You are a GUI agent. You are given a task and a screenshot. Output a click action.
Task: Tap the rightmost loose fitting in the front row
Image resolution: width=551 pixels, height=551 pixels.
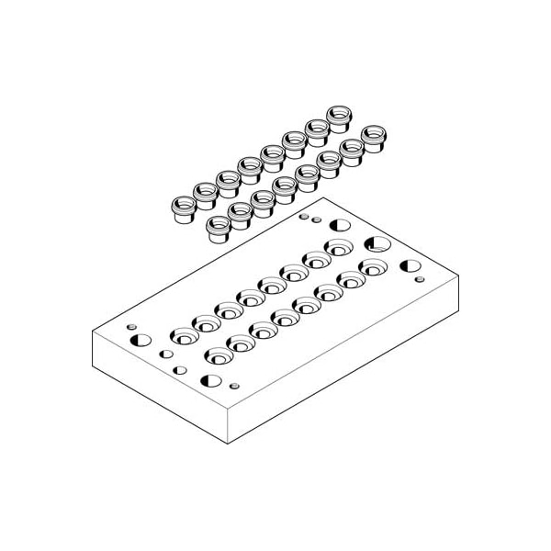pos(373,139)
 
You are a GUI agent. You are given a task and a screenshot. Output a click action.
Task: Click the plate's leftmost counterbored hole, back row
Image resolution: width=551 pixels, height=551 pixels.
pos(181,335)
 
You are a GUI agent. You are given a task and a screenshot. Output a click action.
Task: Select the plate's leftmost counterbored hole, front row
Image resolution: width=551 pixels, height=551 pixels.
pos(216,355)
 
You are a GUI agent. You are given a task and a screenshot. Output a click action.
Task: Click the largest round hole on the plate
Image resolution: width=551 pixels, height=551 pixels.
pos(376,244)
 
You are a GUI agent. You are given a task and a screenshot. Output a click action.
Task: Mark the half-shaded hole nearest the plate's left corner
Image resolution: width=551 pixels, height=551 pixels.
pos(141,341)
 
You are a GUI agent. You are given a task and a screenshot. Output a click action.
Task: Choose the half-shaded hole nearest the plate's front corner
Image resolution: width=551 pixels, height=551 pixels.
pos(208,380)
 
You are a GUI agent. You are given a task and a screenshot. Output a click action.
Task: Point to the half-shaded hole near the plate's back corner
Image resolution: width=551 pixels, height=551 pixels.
pos(341,225)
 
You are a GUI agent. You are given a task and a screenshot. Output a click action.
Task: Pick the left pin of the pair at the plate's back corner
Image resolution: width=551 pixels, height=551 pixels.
pos(304,217)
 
